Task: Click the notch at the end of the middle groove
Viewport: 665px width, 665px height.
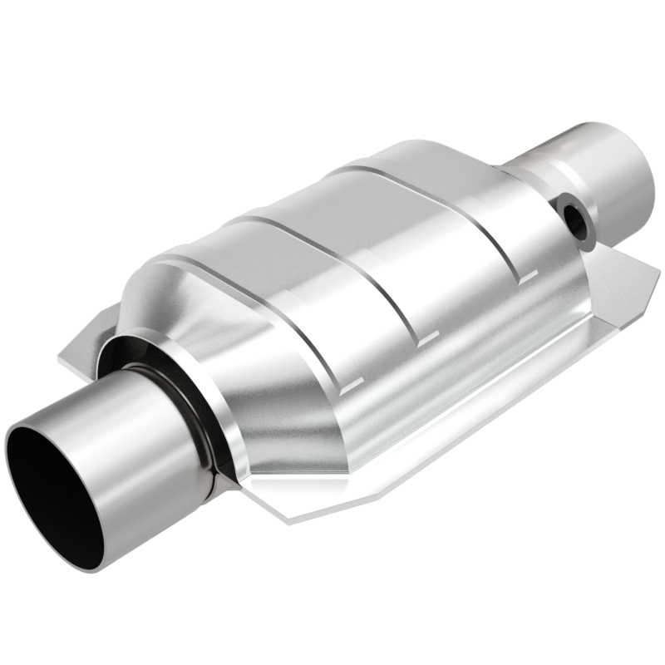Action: click(x=428, y=337)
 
